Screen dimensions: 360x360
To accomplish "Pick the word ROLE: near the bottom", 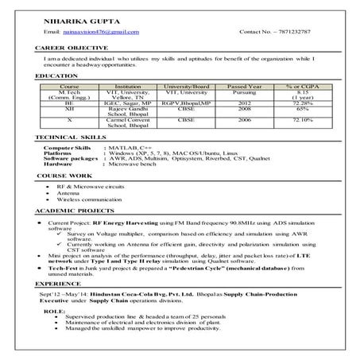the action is click(52, 312).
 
